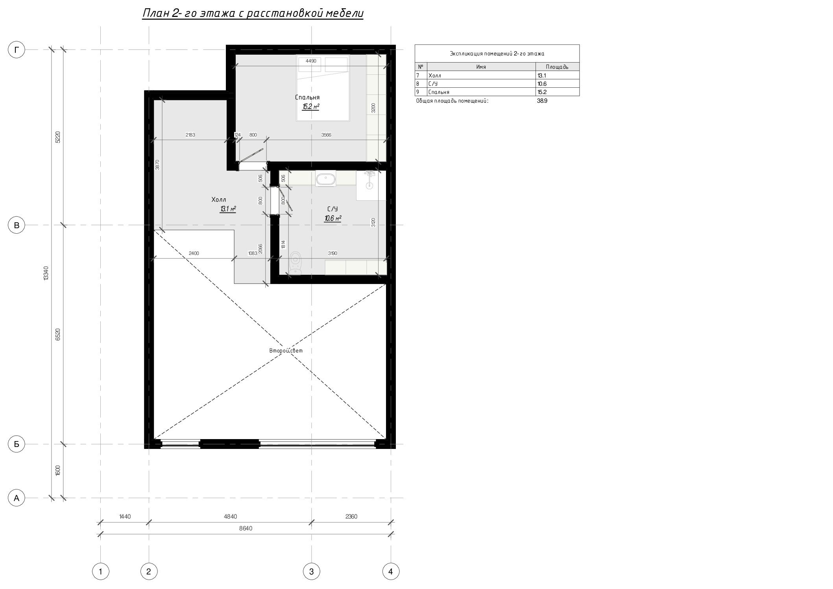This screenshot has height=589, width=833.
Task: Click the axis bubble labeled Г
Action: pos(17,50)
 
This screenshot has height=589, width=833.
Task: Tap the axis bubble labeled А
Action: pos(17,498)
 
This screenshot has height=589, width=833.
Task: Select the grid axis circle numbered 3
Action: pos(311,571)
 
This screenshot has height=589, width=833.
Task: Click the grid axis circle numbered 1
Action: pos(101,571)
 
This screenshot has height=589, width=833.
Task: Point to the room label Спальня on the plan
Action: pos(307,97)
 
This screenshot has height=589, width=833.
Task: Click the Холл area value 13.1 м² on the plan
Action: pos(228,209)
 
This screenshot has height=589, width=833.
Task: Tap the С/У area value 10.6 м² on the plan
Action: pos(332,218)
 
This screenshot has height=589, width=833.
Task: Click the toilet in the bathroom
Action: pos(296,263)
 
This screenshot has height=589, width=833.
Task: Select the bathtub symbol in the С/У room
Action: pos(325,179)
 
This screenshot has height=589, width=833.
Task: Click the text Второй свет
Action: pos(286,351)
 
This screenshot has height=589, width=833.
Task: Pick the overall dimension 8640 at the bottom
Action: pos(246,528)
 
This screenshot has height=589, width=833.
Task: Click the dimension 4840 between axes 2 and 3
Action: pos(230,517)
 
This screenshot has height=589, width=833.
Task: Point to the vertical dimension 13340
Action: pos(46,273)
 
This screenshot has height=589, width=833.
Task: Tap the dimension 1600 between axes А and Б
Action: pos(58,471)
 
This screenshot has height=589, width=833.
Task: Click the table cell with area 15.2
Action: pos(542,92)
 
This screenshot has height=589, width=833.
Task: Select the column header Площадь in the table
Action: pos(557,67)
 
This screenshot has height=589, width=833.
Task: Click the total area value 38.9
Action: pos(542,101)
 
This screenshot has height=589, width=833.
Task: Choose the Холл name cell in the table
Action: pos(434,76)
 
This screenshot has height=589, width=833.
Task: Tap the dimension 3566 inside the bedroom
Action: pos(326,135)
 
